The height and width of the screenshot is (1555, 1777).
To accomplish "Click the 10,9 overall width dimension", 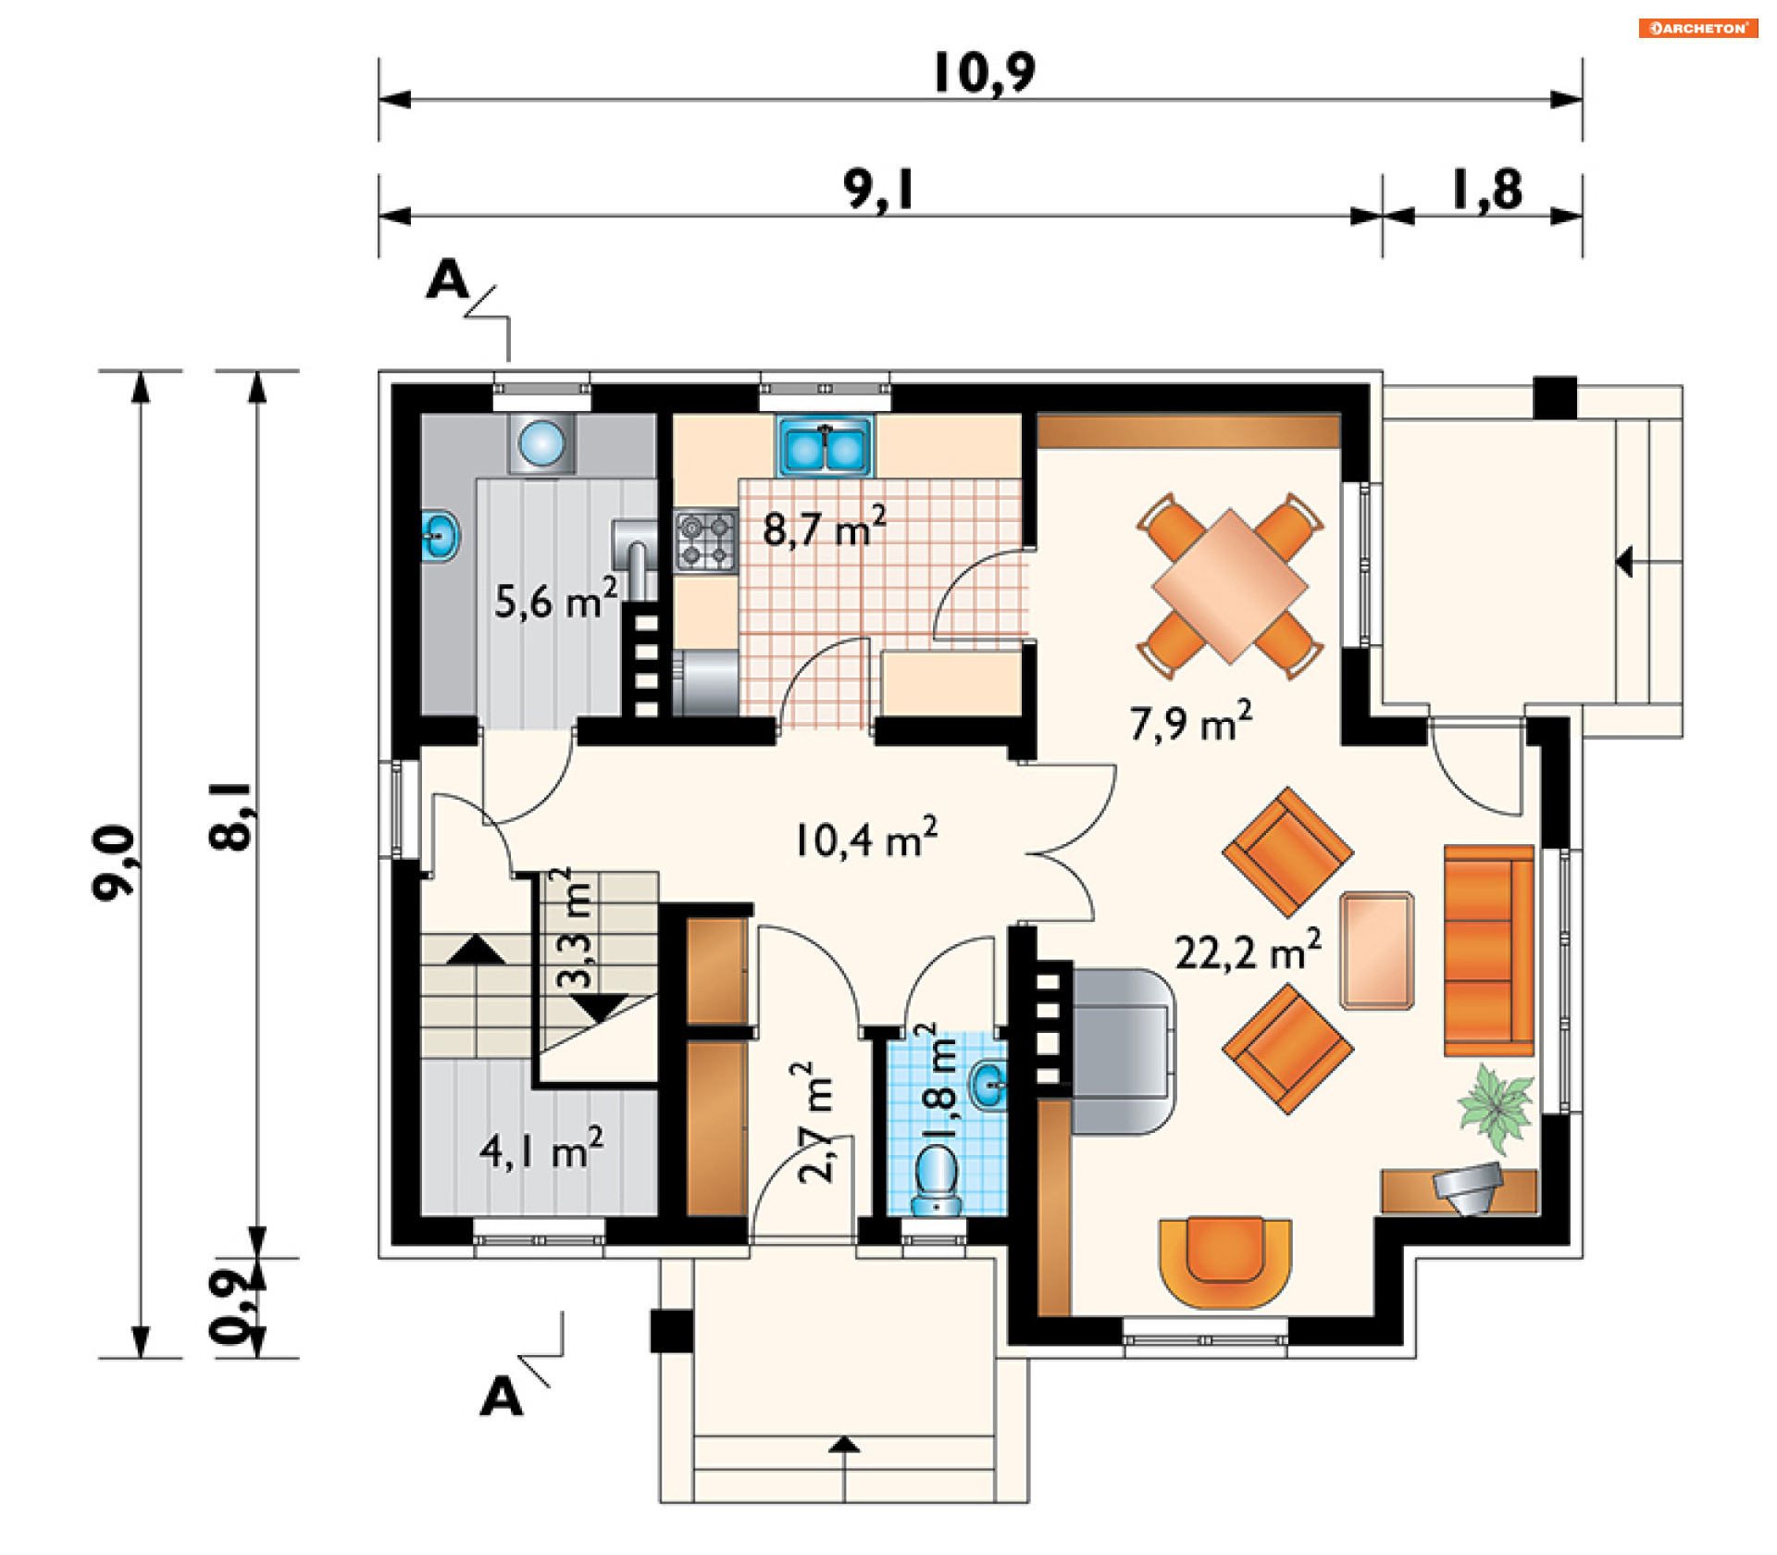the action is (984, 73).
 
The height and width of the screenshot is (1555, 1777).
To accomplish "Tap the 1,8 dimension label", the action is (1486, 190).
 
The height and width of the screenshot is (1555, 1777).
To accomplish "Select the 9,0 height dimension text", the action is (115, 863).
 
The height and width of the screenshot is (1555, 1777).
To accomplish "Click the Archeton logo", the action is (1698, 28).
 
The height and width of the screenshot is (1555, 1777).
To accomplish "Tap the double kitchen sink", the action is (825, 446).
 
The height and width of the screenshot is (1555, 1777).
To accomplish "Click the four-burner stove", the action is (705, 541).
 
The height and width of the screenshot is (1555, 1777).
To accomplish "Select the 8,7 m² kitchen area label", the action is (825, 527).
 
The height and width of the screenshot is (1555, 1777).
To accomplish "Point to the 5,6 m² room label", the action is (555, 599).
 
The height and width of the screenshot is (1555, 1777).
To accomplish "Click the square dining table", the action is (1230, 586).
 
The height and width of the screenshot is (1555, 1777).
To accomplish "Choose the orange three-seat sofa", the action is (1489, 950).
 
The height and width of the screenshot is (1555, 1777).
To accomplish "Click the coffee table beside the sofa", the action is (1377, 950).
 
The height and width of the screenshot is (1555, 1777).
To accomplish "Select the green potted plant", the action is (1495, 1107).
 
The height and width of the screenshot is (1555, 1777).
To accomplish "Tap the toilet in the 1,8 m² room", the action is (937, 1180).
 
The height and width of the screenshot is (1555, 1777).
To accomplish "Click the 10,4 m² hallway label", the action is (866, 838).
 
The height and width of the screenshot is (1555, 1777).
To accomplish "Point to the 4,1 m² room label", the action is (541, 1150).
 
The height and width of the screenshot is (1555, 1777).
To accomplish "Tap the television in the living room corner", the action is (1467, 1188).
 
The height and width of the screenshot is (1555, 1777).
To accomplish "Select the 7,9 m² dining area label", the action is (1191, 721).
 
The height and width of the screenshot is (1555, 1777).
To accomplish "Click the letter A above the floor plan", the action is (448, 279).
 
